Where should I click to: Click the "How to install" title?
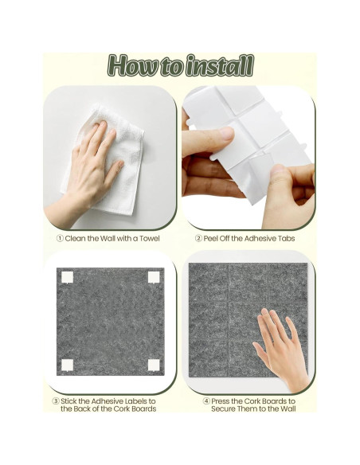[181, 65]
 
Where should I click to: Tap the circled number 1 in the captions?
[60, 238]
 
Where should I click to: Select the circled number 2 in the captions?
[198, 238]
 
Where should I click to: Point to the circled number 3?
[56, 401]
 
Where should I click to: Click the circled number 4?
[206, 401]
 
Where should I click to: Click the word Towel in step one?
[150, 238]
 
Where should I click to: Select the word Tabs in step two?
[287, 238]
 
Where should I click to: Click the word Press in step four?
[221, 401]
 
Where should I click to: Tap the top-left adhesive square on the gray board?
[67, 277]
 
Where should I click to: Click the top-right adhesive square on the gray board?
[154, 277]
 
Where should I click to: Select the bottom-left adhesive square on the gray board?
[67, 365]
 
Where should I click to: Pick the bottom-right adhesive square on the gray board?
[154, 365]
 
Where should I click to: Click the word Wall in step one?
[108, 238]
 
